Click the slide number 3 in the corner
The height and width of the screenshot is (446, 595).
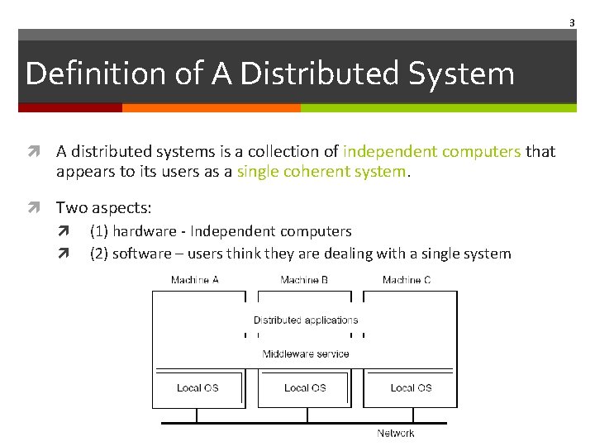[x=571, y=23]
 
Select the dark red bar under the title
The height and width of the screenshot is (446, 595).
[x=70, y=107]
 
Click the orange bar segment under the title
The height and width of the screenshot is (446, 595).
[x=211, y=107]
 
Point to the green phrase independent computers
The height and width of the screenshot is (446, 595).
[x=432, y=151]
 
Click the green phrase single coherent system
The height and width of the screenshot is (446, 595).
[x=321, y=172]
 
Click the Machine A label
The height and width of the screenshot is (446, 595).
[x=195, y=280]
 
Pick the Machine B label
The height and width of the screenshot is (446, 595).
[x=304, y=280]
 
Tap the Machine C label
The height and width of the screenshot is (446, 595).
[x=407, y=280]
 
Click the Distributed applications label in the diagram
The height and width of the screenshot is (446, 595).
[x=306, y=320]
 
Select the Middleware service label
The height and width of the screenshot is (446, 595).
[x=306, y=353]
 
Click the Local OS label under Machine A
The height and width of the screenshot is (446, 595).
[x=198, y=387]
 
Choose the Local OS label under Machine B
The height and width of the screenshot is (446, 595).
[x=305, y=387]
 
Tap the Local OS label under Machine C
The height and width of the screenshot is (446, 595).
[x=411, y=387]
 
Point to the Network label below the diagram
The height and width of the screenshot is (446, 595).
[x=396, y=433]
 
